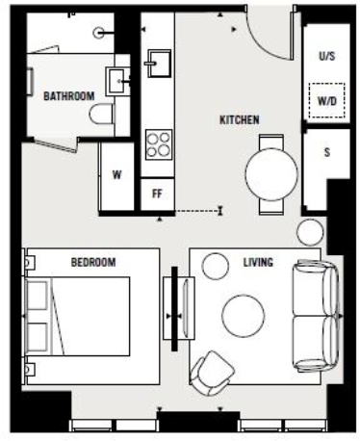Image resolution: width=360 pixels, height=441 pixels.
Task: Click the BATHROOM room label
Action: click(68, 95)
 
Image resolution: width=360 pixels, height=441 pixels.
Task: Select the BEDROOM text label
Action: click(93, 262)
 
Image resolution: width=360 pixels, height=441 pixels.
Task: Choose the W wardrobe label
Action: click(117, 175)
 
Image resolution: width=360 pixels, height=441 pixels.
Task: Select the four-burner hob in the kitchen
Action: click(157, 145)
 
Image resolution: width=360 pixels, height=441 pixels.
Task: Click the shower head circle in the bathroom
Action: click(99, 32)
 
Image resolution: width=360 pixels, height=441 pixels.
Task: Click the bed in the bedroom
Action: click(79, 314)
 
